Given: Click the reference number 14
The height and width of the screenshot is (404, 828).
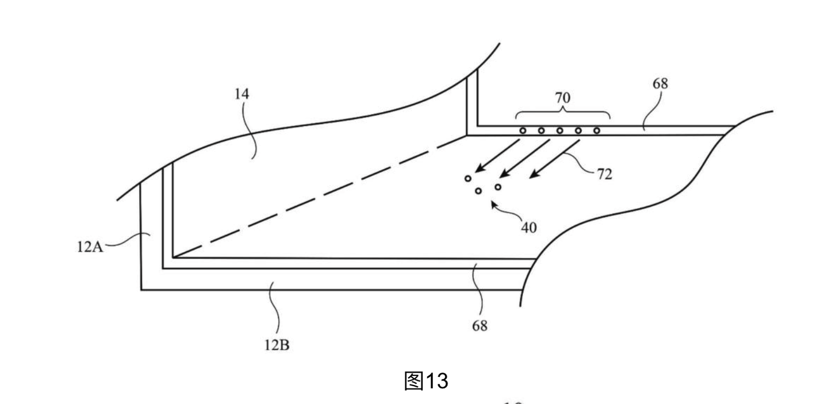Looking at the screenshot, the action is coord(241,94).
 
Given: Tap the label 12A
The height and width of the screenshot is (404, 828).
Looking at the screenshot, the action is coord(90,247).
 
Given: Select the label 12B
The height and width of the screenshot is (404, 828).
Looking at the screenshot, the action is coord(277,345).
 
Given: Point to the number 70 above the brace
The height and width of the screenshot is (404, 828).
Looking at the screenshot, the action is coord(562,98).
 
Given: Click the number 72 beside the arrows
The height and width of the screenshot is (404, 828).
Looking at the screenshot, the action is coord(605,174).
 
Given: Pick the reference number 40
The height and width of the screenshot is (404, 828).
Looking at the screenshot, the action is coord(529,228).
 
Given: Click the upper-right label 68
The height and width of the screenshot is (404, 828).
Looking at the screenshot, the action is coord(660,84).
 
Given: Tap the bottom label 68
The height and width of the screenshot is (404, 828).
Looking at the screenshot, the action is coord(480,326).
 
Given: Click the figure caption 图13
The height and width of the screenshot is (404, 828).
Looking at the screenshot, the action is coord(426,381).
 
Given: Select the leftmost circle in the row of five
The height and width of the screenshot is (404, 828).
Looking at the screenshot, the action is coord(523,130).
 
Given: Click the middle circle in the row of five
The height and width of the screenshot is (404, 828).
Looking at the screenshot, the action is coord(559,130).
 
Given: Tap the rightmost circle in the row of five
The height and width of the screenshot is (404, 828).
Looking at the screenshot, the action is coord(597,130).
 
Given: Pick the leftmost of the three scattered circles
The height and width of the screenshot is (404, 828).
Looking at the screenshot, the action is coord(468,179).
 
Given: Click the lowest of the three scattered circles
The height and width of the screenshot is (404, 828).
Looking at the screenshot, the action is coord(478,191).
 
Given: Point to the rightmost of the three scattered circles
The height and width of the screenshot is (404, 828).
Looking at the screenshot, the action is coord(498,187).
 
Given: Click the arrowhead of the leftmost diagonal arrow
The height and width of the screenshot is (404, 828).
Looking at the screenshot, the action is coord(478,170).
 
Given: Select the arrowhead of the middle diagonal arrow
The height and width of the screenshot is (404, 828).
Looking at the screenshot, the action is coord(504,174).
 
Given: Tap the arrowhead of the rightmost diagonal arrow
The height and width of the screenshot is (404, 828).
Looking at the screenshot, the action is coord(534,175).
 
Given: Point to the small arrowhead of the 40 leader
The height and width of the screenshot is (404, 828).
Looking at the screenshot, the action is coord(494,205).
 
